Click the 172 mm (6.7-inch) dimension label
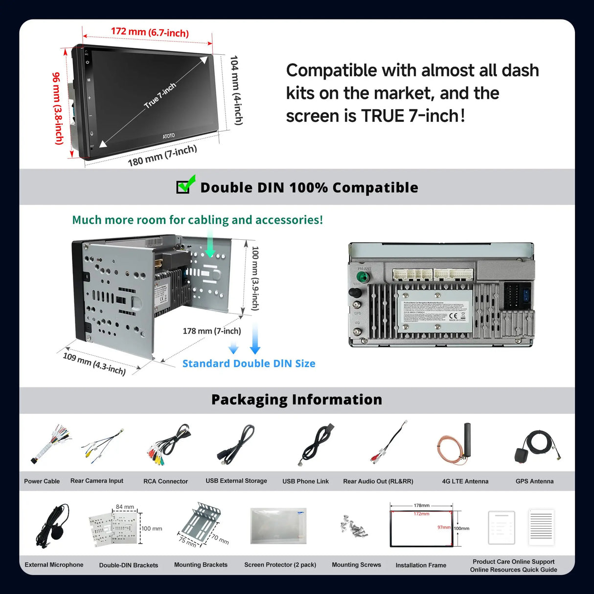(149, 32)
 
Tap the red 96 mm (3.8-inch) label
(58, 109)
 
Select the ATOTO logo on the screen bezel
(168, 136)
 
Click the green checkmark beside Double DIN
(185, 184)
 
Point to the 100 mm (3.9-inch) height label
(255, 278)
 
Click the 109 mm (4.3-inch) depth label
(94, 364)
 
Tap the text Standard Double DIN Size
(249, 364)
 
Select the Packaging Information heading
(297, 400)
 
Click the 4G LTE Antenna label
(465, 481)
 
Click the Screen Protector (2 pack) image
(278, 525)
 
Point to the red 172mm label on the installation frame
(421, 514)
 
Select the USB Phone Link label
(305, 481)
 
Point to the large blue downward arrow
(255, 338)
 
